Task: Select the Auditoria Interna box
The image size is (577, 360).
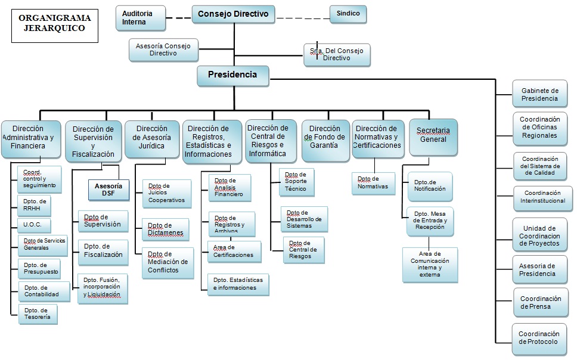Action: tap(141, 18)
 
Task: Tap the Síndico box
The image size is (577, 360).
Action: tap(348, 14)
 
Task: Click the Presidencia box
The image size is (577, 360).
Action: tap(232, 75)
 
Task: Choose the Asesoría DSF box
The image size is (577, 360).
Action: tap(108, 189)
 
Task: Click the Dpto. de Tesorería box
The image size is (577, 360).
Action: tap(39, 314)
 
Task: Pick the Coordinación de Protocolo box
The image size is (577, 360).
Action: tap(538, 338)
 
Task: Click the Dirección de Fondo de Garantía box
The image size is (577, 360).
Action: tap(325, 141)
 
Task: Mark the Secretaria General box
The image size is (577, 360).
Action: tap(433, 136)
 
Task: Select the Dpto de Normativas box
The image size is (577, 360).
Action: tap(373, 183)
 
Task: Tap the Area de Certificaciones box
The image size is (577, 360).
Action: tap(234, 252)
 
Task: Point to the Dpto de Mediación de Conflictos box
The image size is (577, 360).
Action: tap(167, 262)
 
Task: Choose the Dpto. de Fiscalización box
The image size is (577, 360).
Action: tap(103, 250)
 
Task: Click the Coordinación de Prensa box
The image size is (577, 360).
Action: tap(540, 303)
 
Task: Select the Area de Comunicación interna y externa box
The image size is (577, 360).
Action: tap(430, 263)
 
